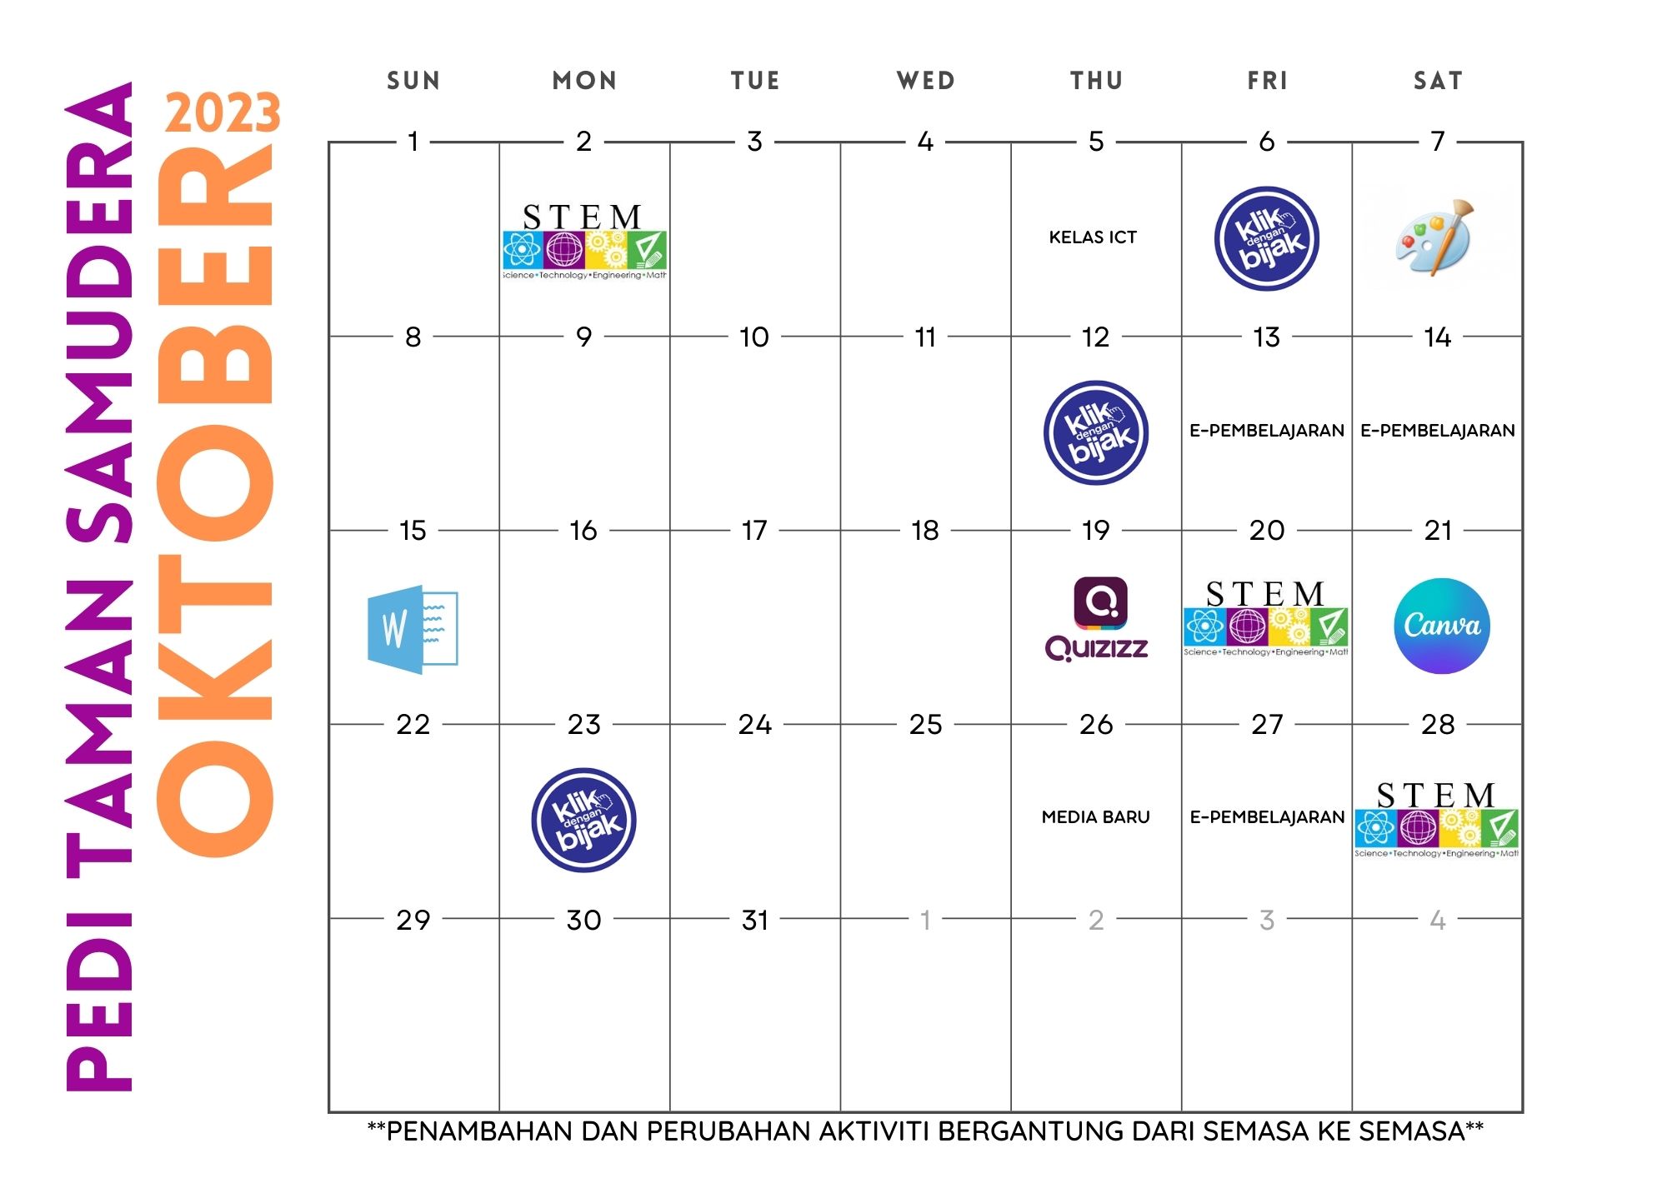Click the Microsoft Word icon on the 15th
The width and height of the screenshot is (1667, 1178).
tap(413, 629)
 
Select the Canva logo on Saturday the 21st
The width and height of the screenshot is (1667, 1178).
tap(1442, 626)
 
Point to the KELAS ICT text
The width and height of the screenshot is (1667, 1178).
tap(1093, 237)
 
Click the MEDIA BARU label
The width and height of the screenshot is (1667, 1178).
tap(1096, 817)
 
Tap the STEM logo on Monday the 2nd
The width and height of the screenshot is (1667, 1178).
tap(584, 241)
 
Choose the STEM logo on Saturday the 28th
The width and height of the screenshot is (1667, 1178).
tap(1436, 819)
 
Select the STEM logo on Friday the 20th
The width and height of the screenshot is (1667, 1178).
tap(1266, 617)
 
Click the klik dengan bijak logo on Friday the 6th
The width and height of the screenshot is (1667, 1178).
tap(1267, 238)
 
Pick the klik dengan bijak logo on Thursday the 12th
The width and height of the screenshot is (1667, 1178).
tap(1096, 432)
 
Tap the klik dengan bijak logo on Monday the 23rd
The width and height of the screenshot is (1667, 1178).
tap(583, 820)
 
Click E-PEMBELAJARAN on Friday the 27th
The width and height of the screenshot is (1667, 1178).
tap(1267, 817)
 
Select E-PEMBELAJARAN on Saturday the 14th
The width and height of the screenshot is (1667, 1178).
tap(1438, 431)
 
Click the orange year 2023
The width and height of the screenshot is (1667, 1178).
tap(223, 113)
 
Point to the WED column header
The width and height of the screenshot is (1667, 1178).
tap(926, 81)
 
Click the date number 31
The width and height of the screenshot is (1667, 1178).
tap(755, 920)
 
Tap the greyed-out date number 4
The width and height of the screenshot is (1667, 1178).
tap(1438, 920)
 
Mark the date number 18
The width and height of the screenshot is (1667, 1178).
tap(925, 530)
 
